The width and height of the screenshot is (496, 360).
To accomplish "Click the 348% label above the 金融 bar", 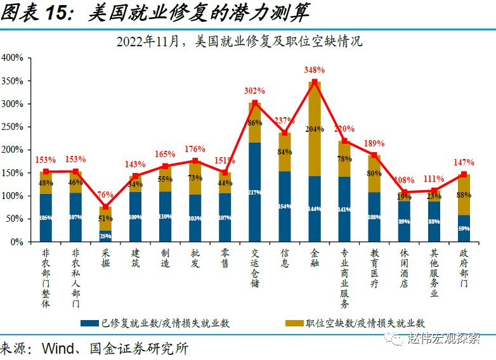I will [x=315, y=70].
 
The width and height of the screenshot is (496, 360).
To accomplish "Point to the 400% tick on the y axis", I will [x=13, y=58].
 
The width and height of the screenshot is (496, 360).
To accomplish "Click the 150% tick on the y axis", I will [x=13, y=173].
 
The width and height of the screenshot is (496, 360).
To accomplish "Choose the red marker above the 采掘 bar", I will [x=106, y=207].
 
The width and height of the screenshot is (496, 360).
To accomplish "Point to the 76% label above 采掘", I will [x=106, y=195].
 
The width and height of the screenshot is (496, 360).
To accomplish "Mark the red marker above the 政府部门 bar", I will [x=464, y=174].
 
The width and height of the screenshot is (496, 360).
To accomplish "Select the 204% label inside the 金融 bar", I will [x=315, y=129].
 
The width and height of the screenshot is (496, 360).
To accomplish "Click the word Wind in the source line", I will [x=60, y=349].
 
